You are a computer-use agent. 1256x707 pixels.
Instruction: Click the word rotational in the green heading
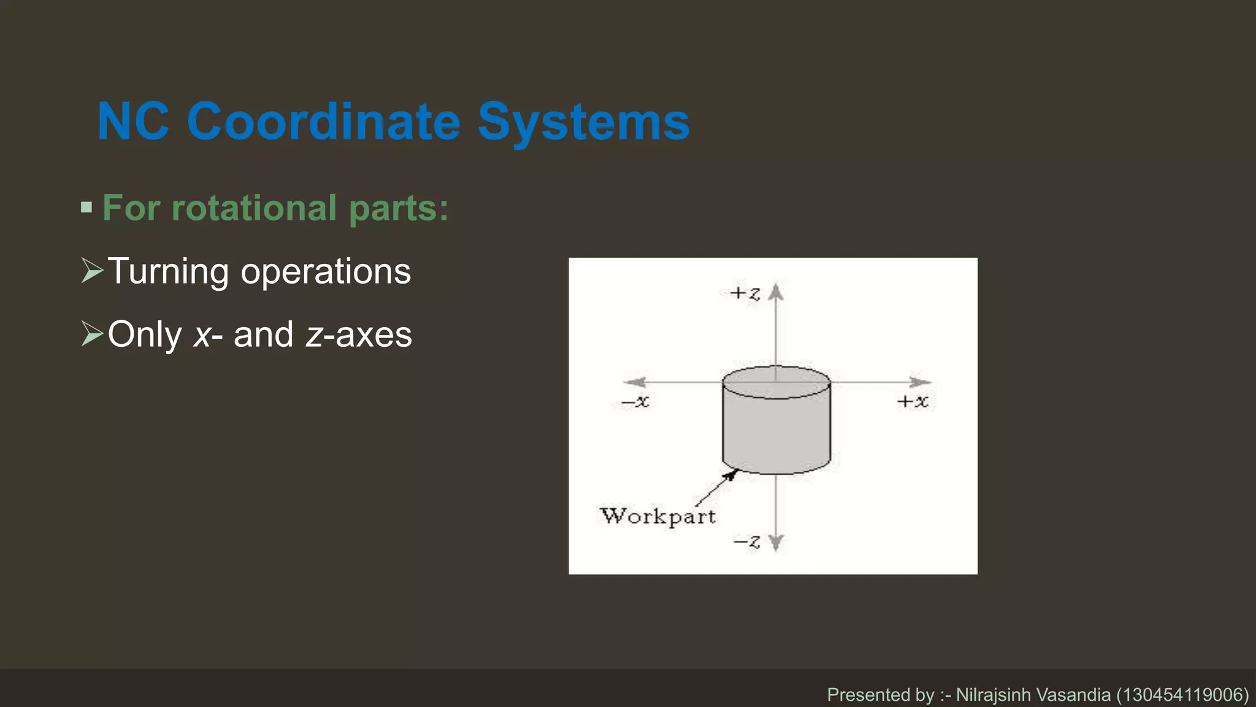tap(254, 208)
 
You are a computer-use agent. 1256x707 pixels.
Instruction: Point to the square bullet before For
tap(86, 207)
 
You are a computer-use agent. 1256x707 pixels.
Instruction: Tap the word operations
tap(326, 271)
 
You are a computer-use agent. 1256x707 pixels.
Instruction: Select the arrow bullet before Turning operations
tap(92, 271)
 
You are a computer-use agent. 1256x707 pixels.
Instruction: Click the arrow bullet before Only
tap(92, 334)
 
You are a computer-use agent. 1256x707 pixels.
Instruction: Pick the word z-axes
tap(359, 334)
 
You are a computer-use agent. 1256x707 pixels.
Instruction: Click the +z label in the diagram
tap(745, 293)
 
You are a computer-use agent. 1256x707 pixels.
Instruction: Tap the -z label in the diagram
tap(746, 542)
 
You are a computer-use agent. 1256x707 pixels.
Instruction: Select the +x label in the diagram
tap(913, 401)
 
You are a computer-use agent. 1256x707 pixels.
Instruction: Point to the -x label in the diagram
tap(635, 402)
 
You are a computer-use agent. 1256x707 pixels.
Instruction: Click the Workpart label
tap(657, 516)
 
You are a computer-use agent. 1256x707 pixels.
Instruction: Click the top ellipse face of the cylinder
tap(776, 382)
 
